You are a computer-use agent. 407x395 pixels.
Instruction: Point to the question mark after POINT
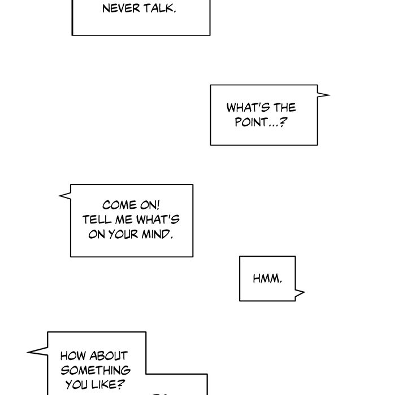coord(283,121)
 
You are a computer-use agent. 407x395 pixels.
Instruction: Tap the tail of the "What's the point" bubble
coord(323,95)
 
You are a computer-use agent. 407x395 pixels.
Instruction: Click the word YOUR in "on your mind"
coord(123,234)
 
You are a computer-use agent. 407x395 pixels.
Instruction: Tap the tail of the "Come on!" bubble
coord(65,196)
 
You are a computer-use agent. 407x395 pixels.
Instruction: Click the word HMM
coord(267,279)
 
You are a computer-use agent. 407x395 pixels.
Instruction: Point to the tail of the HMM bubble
coord(300,293)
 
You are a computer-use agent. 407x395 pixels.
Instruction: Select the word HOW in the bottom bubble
coord(73,356)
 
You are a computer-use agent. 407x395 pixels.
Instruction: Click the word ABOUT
coord(109,356)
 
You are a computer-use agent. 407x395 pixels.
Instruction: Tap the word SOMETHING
coord(96,370)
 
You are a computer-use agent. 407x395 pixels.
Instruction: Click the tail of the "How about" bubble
coord(38,352)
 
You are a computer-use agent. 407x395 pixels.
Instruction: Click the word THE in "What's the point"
coord(285,107)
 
